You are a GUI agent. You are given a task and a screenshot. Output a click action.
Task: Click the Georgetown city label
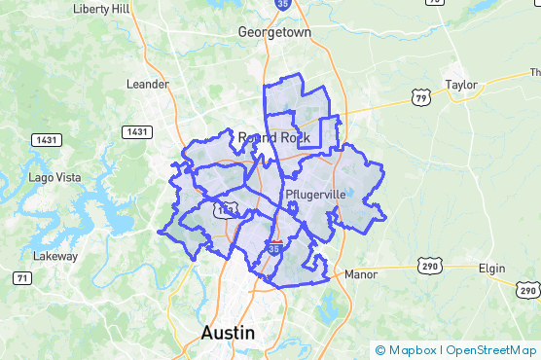tap(274, 32)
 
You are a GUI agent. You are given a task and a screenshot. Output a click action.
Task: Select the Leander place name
tap(148, 85)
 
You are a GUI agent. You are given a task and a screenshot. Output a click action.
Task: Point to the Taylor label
tap(461, 85)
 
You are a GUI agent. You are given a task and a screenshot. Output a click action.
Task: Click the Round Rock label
tap(273, 138)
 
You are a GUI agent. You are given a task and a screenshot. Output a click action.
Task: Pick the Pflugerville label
tap(315, 195)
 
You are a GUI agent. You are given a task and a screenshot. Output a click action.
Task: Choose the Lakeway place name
tap(54, 257)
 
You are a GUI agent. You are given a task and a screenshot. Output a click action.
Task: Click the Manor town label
tap(360, 274)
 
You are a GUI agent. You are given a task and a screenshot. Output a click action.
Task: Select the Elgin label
tap(492, 268)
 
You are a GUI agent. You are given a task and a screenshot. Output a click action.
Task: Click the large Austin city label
tap(228, 333)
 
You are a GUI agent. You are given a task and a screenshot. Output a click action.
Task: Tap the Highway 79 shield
tap(420, 98)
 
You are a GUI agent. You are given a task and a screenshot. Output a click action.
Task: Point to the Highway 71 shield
tap(21, 278)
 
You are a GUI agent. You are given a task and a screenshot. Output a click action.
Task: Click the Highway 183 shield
tap(226, 208)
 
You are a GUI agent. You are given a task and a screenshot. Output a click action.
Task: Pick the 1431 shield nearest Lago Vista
tap(45, 140)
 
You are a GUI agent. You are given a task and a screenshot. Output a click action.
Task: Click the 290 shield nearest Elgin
tap(528, 291)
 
